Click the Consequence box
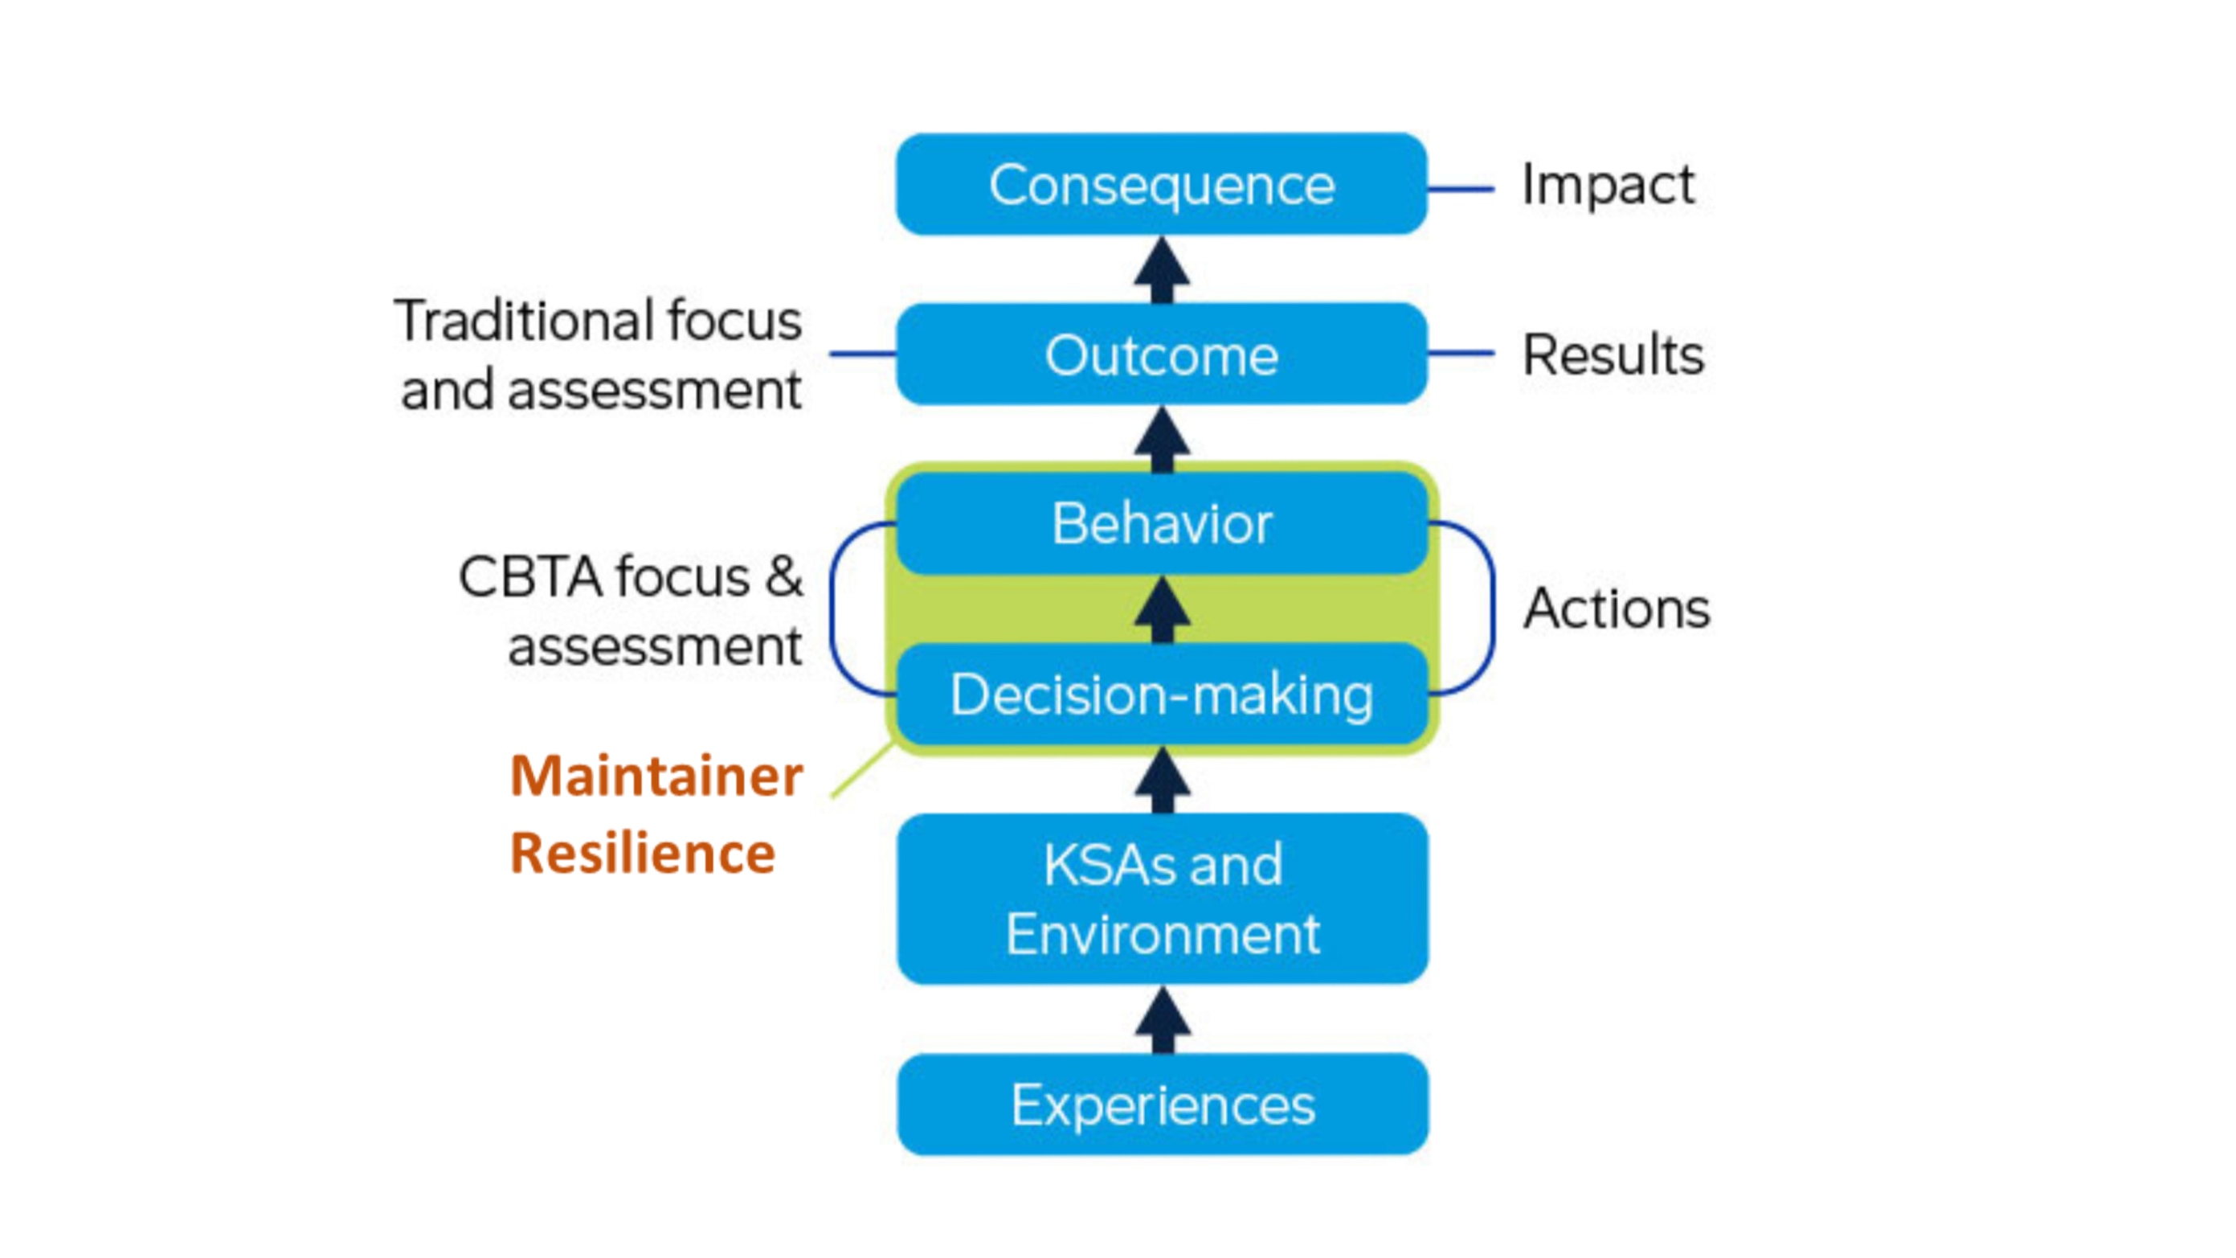pyautogui.click(x=1162, y=184)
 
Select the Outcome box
pyautogui.click(x=1162, y=354)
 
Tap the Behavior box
pyautogui.click(x=1162, y=523)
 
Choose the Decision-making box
pyautogui.click(x=1162, y=695)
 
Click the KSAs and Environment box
pyautogui.click(x=1162, y=899)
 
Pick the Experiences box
pyautogui.click(x=1162, y=1104)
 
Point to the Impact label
pyautogui.click(x=1608, y=184)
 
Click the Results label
pyautogui.click(x=1613, y=354)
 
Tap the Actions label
pyautogui.click(x=1617, y=608)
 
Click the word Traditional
pyautogui.click(x=525, y=321)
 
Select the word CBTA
pyautogui.click(x=529, y=576)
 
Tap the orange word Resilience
pyautogui.click(x=642, y=853)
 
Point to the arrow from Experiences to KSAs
pyautogui.click(x=1163, y=1019)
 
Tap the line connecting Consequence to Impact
pyautogui.click(x=1460, y=188)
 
